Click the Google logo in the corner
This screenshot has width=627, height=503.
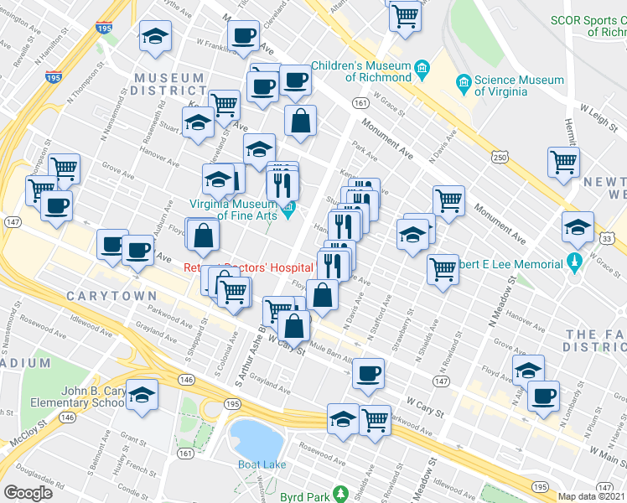[28, 493]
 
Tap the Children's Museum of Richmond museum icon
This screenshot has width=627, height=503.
[422, 66]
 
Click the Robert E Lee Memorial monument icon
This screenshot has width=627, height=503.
[574, 264]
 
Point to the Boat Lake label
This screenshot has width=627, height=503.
[261, 464]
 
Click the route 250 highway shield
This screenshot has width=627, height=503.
[500, 158]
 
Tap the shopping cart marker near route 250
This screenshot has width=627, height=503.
[564, 160]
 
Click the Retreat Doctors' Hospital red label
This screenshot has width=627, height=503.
[248, 267]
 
